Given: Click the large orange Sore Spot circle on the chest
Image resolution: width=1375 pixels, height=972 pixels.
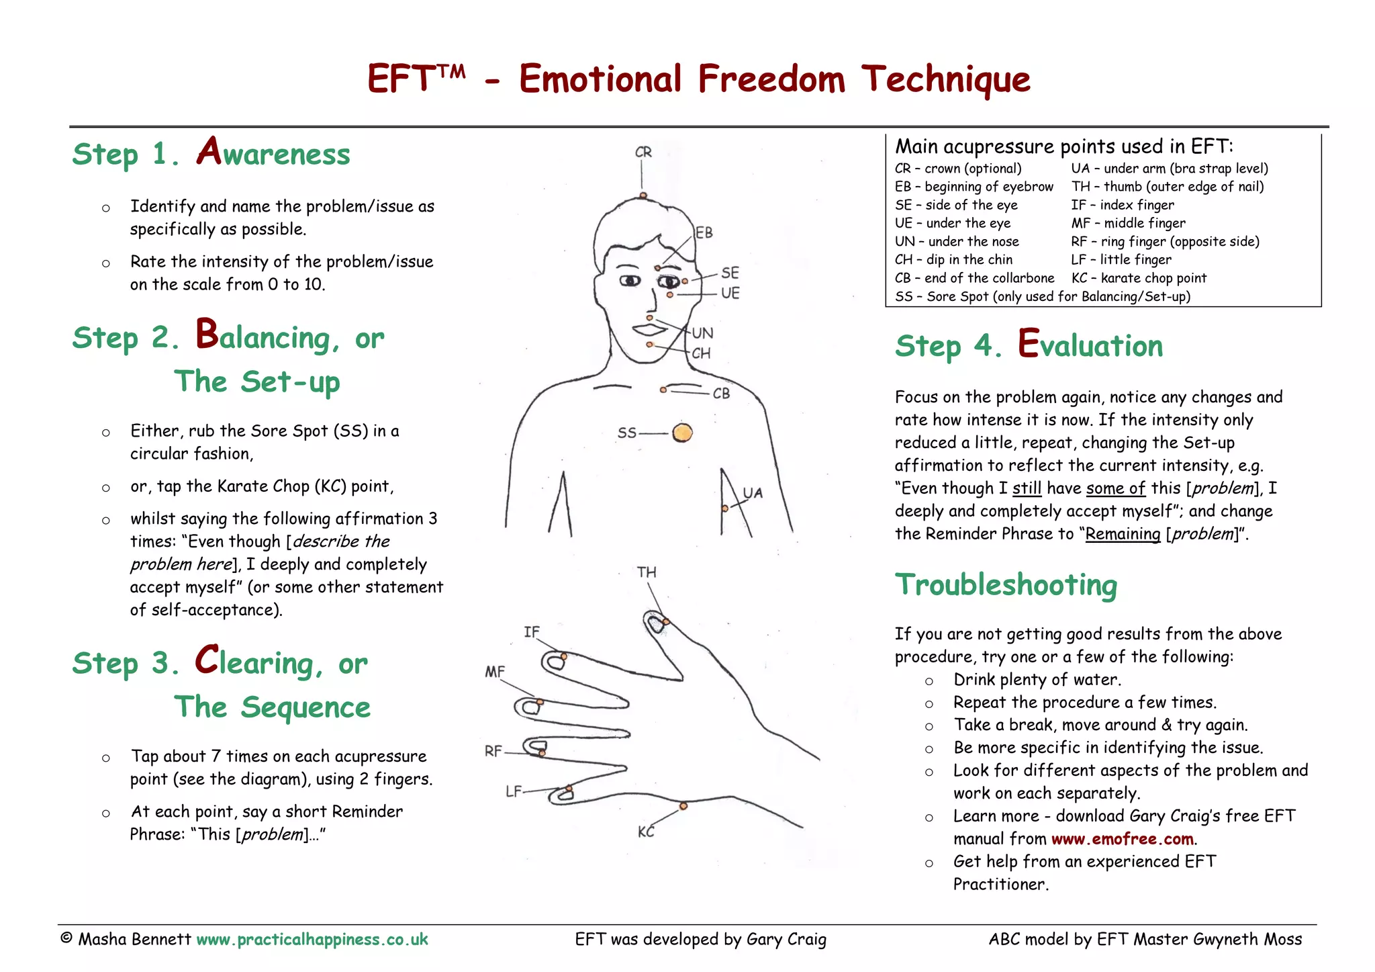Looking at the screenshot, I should [682, 433].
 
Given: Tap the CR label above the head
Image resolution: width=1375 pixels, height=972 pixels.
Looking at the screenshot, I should [643, 152].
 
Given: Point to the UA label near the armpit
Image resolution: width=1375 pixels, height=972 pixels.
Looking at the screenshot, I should [753, 493].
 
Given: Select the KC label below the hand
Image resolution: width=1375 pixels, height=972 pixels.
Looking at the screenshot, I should [646, 832].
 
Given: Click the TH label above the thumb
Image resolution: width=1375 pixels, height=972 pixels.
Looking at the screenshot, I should [647, 572].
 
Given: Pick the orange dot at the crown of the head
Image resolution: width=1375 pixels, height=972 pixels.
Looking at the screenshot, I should [643, 195].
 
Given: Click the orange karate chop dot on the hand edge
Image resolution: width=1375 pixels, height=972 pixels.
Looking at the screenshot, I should [683, 805].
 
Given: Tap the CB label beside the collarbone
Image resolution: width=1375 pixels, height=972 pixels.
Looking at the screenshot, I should [721, 394].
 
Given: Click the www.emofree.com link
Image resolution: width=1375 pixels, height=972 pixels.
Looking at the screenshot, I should [1122, 839].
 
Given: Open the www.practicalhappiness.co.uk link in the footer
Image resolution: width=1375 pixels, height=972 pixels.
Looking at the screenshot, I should [312, 939].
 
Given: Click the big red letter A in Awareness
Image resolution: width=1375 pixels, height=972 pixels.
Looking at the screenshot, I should [209, 150].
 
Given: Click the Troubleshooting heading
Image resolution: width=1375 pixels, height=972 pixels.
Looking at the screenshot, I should [1006, 584].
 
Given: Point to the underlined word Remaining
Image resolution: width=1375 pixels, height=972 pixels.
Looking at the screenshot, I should [1123, 534].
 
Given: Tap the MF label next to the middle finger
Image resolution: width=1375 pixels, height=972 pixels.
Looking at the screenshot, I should [495, 672].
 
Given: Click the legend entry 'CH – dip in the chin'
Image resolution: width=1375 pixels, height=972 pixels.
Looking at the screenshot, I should [953, 260].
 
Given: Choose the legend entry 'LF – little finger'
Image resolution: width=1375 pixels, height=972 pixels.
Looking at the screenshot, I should [1121, 260].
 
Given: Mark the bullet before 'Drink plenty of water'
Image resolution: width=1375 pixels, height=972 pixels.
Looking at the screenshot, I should [929, 681].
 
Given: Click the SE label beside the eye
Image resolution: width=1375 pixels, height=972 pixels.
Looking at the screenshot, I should [730, 273].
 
